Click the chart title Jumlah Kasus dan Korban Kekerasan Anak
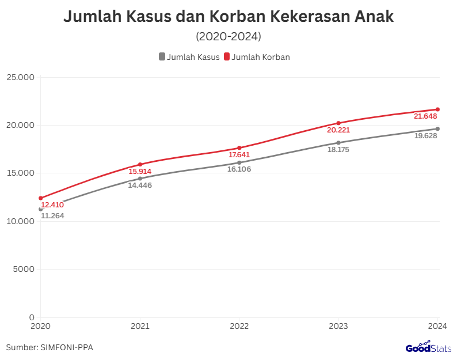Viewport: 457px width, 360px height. [x=228, y=17]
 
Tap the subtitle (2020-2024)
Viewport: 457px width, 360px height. [x=228, y=37]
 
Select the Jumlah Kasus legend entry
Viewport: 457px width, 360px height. [x=189, y=57]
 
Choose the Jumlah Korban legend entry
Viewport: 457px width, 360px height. [x=257, y=57]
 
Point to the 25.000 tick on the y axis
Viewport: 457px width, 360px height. [x=21, y=77]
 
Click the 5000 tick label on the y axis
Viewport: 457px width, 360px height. [x=24, y=269]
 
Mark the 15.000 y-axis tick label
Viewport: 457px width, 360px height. [x=21, y=173]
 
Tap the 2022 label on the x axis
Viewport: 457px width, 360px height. [x=239, y=326]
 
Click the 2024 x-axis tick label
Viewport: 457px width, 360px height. [x=437, y=326]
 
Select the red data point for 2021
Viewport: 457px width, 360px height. [x=140, y=164]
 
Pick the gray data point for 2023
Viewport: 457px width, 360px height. [x=338, y=142]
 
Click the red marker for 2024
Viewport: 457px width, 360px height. [x=437, y=109]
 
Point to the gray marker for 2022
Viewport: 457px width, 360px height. [x=239, y=162]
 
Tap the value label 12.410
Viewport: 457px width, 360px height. [x=52, y=204]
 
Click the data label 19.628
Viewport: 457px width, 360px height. [x=426, y=136]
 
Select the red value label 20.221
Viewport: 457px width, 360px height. [x=338, y=130]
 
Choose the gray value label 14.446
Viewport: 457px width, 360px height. [x=140, y=185]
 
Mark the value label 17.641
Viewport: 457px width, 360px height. [x=239, y=155]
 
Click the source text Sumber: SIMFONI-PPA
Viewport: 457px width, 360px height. [x=49, y=347]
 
